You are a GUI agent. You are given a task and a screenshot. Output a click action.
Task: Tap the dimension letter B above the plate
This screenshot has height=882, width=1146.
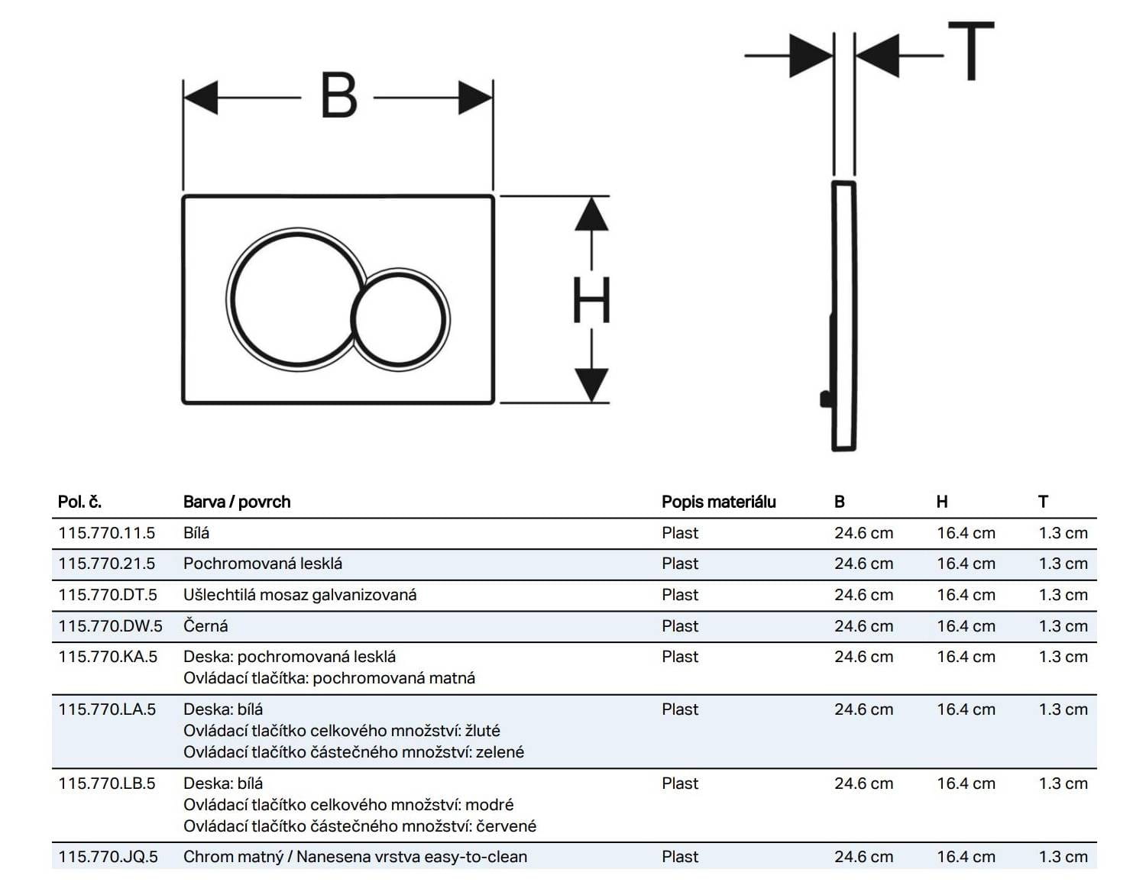(339, 96)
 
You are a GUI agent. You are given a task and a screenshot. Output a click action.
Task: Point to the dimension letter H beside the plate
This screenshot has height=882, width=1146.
(591, 300)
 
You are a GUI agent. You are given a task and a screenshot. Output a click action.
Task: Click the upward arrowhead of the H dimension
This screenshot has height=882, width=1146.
(591, 215)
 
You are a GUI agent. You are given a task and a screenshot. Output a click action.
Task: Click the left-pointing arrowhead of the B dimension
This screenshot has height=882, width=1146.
(200, 99)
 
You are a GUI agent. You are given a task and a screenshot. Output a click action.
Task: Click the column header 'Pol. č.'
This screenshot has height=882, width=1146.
(79, 502)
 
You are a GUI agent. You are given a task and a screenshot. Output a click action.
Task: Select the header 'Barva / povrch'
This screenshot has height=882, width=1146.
(237, 502)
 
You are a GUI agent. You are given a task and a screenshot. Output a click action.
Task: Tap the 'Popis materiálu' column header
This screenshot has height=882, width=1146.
(718, 502)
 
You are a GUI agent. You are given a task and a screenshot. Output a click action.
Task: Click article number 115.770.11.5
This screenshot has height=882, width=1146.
(106, 533)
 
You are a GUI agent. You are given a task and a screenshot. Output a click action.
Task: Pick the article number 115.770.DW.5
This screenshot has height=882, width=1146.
(110, 626)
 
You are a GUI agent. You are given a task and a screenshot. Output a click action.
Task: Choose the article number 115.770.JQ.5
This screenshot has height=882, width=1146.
(108, 857)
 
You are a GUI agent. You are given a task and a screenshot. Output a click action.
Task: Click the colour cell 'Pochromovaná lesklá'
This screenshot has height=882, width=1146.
(263, 564)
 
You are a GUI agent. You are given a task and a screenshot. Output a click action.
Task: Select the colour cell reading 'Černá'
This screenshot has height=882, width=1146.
(206, 626)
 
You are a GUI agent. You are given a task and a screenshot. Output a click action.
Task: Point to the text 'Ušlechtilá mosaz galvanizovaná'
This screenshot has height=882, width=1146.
(299, 595)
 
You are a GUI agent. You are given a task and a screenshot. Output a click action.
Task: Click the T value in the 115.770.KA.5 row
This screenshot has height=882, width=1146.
(1063, 657)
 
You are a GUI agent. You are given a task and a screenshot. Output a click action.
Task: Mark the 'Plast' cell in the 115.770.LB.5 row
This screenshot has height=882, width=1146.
(680, 783)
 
